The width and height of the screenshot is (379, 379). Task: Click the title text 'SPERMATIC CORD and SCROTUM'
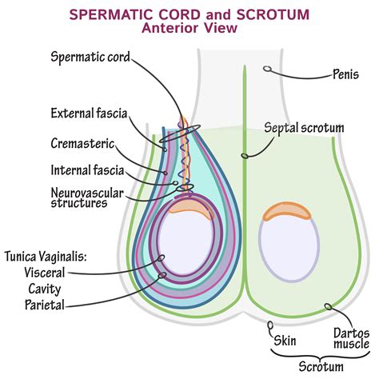pos(189,14)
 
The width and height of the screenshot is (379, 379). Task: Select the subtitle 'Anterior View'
pos(189,29)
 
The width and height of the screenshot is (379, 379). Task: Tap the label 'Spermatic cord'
pos(90,57)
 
